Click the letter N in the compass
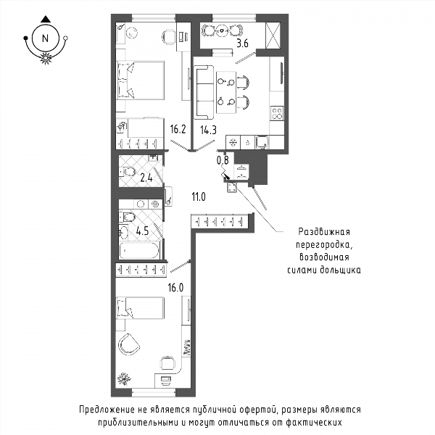tap(45, 38)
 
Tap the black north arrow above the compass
tap(46, 19)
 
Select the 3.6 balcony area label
tap(242, 43)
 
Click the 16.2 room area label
tap(178, 129)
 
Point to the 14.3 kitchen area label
tap(208, 130)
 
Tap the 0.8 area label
tap(223, 160)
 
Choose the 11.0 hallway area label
tap(199, 197)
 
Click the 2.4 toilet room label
tap(146, 178)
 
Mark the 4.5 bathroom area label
tap(142, 231)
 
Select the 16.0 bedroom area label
tap(175, 288)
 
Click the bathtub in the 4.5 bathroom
tap(139, 250)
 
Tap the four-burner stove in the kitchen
tap(277, 113)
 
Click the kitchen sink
tap(262, 142)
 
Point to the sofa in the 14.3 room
tap(203, 92)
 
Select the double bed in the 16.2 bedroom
tap(141, 80)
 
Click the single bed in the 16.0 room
tap(140, 308)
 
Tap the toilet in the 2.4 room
tap(128, 172)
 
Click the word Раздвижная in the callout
tap(324, 232)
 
